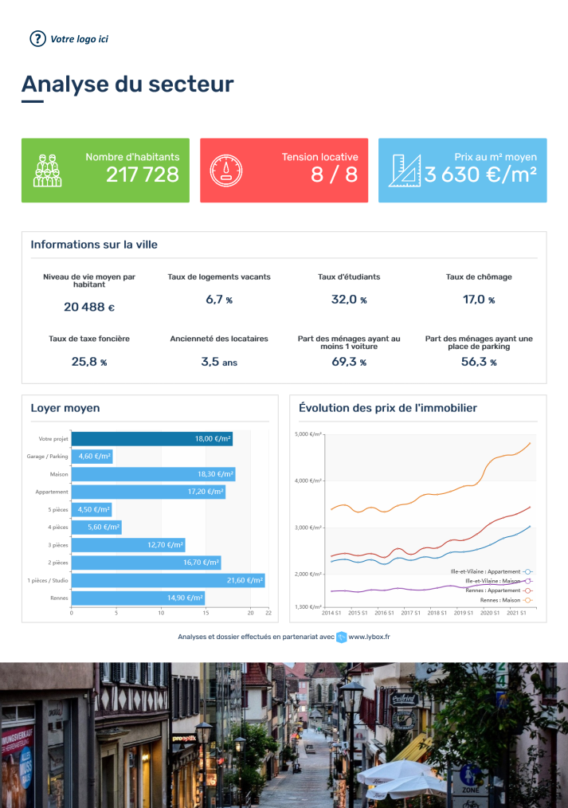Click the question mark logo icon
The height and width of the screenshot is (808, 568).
(37, 38)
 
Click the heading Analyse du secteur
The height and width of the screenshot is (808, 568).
(127, 84)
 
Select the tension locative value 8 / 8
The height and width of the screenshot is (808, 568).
(334, 175)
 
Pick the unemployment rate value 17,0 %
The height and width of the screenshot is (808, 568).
(479, 300)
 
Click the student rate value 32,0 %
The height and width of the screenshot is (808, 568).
(349, 300)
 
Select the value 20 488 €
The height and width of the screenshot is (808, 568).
(89, 307)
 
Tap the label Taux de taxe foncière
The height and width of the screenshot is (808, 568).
(89, 339)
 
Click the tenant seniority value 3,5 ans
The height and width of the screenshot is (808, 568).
(219, 362)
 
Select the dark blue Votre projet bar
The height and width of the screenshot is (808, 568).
(151, 439)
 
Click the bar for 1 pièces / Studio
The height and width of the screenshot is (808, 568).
(168, 580)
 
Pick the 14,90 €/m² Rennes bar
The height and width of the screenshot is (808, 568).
(138, 598)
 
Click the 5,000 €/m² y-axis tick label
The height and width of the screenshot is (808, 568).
(308, 434)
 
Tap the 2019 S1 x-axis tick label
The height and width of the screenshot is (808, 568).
(464, 613)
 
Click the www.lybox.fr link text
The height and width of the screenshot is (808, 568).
(369, 637)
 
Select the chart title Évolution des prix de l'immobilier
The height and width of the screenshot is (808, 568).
(387, 408)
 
